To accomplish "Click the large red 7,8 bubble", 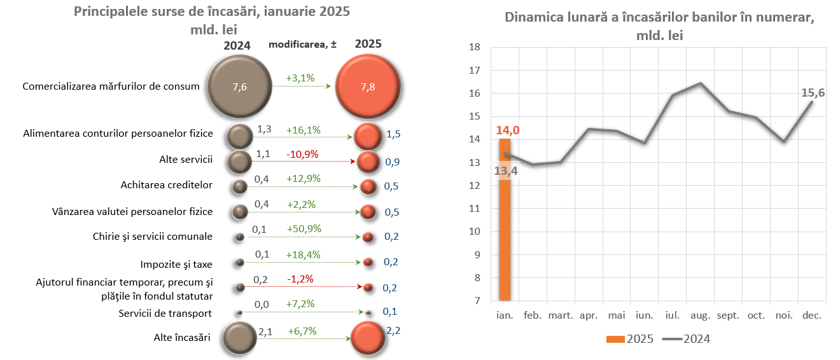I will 367,87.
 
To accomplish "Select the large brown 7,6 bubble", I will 240,87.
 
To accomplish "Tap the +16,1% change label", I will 304,130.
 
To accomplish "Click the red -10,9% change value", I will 302,154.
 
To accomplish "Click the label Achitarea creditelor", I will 167,185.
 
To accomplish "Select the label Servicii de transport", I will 165,313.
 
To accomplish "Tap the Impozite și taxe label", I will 176,264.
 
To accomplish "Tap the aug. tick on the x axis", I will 701,315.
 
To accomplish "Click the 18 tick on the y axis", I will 474,47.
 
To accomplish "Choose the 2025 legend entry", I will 629,339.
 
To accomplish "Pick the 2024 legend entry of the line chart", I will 687,339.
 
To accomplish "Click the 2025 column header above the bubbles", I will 368,44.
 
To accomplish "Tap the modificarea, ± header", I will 302,44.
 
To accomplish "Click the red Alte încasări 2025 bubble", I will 368,338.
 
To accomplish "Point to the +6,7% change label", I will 302,331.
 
